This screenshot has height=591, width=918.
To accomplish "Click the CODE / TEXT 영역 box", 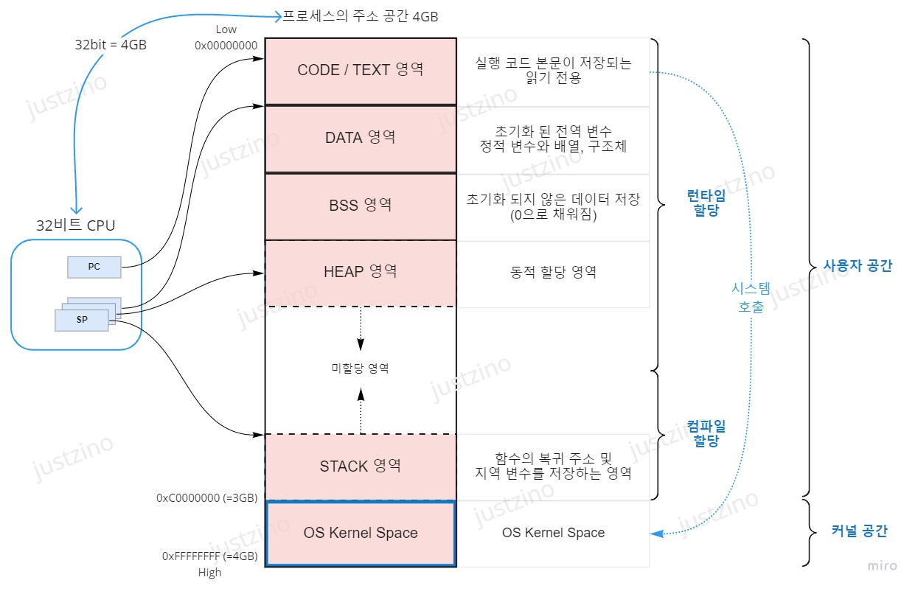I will coord(361,70).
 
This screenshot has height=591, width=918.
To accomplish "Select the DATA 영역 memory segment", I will coord(361,138).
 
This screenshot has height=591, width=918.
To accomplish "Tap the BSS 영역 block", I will coord(361,205).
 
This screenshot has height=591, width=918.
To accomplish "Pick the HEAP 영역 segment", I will coord(361,272).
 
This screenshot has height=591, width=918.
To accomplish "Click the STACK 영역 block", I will coord(361,466).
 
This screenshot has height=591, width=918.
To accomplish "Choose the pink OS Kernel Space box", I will coord(361,533).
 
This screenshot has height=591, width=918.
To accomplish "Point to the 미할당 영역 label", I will coord(360,368).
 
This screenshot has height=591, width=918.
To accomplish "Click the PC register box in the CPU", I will coord(94,267).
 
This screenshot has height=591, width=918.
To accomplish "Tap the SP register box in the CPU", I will coord(82,319).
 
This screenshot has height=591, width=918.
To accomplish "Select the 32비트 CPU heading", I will coord(76,225).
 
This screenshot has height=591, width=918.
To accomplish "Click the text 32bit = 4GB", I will coord(111,44).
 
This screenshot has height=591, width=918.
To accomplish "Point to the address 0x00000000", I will coord(226,45).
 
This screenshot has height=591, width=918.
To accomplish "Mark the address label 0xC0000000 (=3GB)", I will coord(206,498).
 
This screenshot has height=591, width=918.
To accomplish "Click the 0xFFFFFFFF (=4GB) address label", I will coord(209,557).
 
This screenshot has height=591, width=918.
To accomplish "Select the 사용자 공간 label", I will coord(858,267).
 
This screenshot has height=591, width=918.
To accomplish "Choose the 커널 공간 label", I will coord(859,531).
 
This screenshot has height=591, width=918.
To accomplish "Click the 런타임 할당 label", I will coord(705,203).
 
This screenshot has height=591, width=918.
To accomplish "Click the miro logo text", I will coord(882,566).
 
